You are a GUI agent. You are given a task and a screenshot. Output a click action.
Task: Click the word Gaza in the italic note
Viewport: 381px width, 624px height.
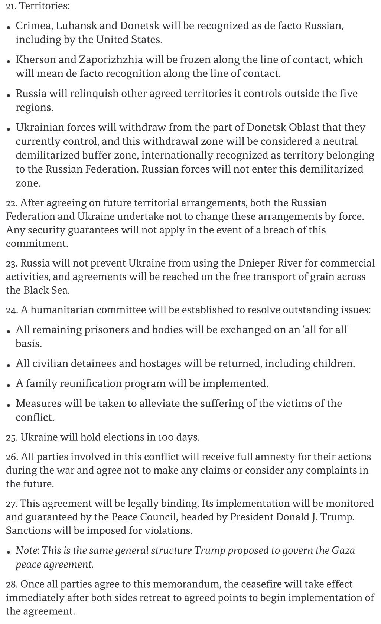(x=341, y=551)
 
